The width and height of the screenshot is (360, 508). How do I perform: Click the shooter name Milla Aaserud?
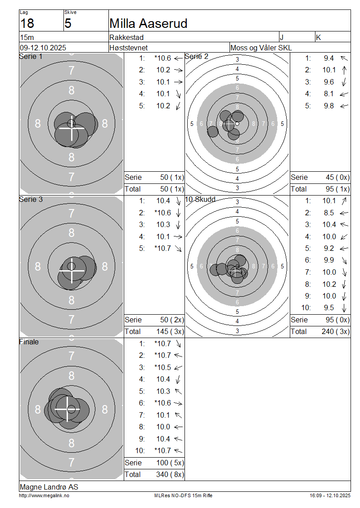pos(148,23)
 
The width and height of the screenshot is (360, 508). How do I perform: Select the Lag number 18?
pos(27,23)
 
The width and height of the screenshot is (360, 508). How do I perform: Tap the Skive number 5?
pos(68,23)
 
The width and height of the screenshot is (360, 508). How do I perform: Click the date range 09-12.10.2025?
pos(43,48)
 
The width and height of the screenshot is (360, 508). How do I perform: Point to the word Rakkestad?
pos(126,37)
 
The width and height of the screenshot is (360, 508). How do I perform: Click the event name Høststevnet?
pos(128,48)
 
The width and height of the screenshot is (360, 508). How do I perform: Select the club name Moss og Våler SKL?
pos(261,48)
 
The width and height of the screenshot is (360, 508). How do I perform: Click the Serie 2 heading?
pos(197,56)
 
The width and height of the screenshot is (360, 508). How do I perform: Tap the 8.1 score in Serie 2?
pos(328,94)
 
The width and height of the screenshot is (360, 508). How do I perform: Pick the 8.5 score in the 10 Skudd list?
pos(328,213)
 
